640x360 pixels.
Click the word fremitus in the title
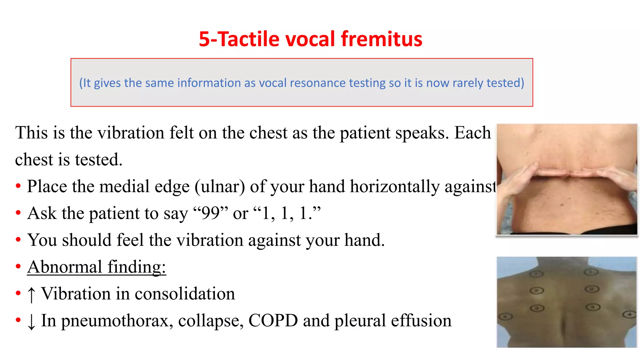coord(381,39)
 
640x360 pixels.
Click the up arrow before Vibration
coord(31,294)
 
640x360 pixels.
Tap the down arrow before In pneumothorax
coord(31,321)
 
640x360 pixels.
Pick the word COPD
coord(273,321)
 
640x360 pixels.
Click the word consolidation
coord(185,294)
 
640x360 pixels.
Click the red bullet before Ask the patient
coord(18,213)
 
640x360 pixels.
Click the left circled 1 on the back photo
coord(537,274)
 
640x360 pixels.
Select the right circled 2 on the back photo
coord(592,289)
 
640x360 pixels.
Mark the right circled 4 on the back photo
coord(629,314)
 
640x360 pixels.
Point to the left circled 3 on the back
coord(537,308)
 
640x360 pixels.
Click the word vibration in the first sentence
coord(131,133)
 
